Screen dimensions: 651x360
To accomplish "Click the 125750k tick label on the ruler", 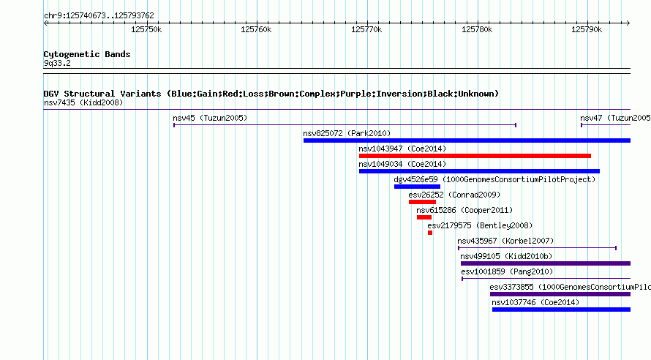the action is click(x=146, y=29).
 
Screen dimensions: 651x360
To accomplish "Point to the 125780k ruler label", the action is click(x=477, y=29).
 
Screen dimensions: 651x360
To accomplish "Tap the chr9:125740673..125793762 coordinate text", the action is click(x=99, y=16).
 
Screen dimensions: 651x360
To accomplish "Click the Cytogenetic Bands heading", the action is click(x=87, y=54).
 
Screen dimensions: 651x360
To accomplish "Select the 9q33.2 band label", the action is click(x=57, y=64).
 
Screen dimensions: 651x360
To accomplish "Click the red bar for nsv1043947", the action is click(x=475, y=156).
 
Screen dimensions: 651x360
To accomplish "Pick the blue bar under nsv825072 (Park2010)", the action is click(x=467, y=140).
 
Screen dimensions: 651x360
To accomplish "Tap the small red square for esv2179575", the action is click(x=430, y=233).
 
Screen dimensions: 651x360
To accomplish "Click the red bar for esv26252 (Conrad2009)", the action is click(x=422, y=202).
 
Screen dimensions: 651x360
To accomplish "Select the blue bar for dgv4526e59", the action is click(x=417, y=187).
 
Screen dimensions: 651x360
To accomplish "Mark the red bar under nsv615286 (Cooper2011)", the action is click(x=424, y=217).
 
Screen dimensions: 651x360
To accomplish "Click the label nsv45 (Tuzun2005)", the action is click(x=210, y=119).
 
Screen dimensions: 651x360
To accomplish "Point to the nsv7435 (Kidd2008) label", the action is click(x=83, y=103).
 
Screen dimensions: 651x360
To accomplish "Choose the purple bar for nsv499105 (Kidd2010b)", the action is click(x=546, y=263).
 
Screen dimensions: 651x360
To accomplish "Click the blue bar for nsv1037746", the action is click(x=561, y=310).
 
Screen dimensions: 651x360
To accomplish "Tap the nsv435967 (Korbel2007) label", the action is click(x=505, y=241).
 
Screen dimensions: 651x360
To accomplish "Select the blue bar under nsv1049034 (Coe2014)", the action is click(x=480, y=171).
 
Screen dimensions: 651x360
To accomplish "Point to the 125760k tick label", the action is click(x=256, y=29).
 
